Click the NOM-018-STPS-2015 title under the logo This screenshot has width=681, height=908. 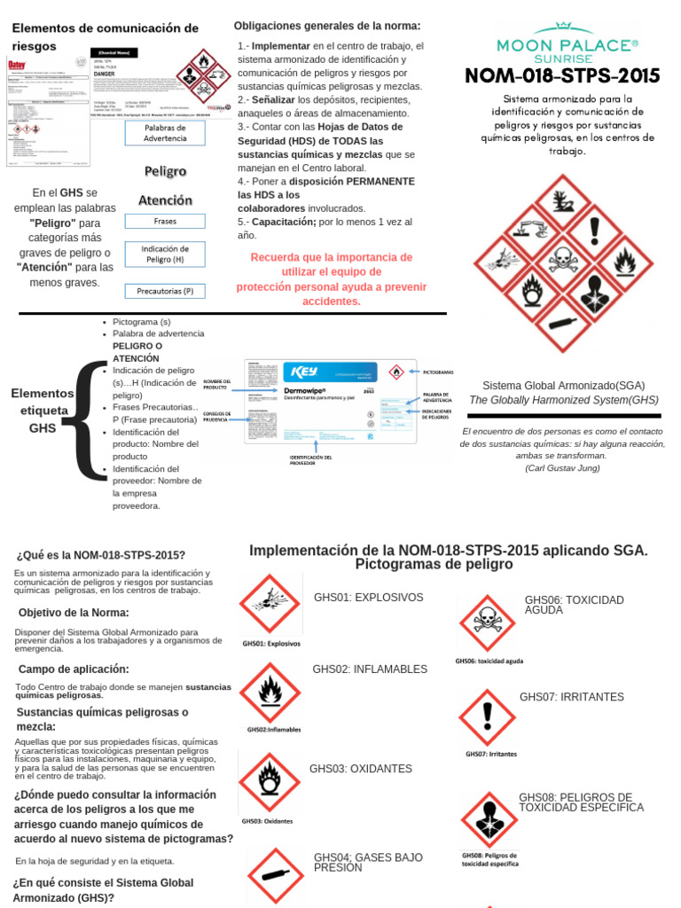563,75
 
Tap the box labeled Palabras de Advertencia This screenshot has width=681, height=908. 165,132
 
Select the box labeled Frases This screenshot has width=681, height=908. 165,220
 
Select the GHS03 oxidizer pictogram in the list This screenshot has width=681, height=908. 269,781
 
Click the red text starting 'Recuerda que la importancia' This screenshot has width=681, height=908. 332,278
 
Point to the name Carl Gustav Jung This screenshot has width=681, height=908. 563,467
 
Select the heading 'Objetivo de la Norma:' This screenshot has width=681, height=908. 74,613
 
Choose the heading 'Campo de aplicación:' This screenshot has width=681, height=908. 74,669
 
